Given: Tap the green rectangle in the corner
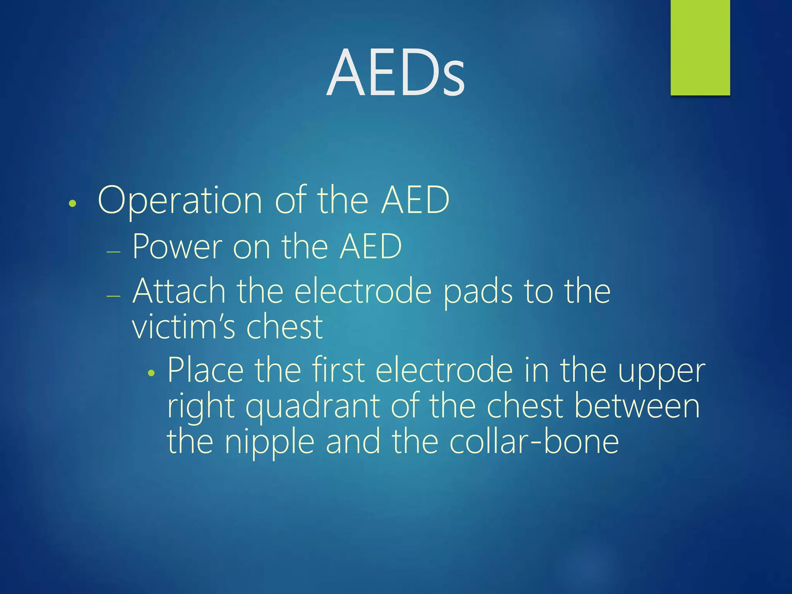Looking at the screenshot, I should (700, 47).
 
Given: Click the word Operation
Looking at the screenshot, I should (180, 200).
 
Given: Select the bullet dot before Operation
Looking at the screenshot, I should (72, 203).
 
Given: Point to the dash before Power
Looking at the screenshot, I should (113, 252).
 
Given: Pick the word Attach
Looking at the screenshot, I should (179, 291).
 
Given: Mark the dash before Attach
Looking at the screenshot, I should (113, 296).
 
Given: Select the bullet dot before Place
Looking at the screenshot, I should (151, 373).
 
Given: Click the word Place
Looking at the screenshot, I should (205, 370).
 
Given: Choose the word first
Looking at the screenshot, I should (338, 370).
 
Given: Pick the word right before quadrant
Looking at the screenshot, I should (201, 407).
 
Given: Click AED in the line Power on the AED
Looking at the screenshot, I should (370, 246).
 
